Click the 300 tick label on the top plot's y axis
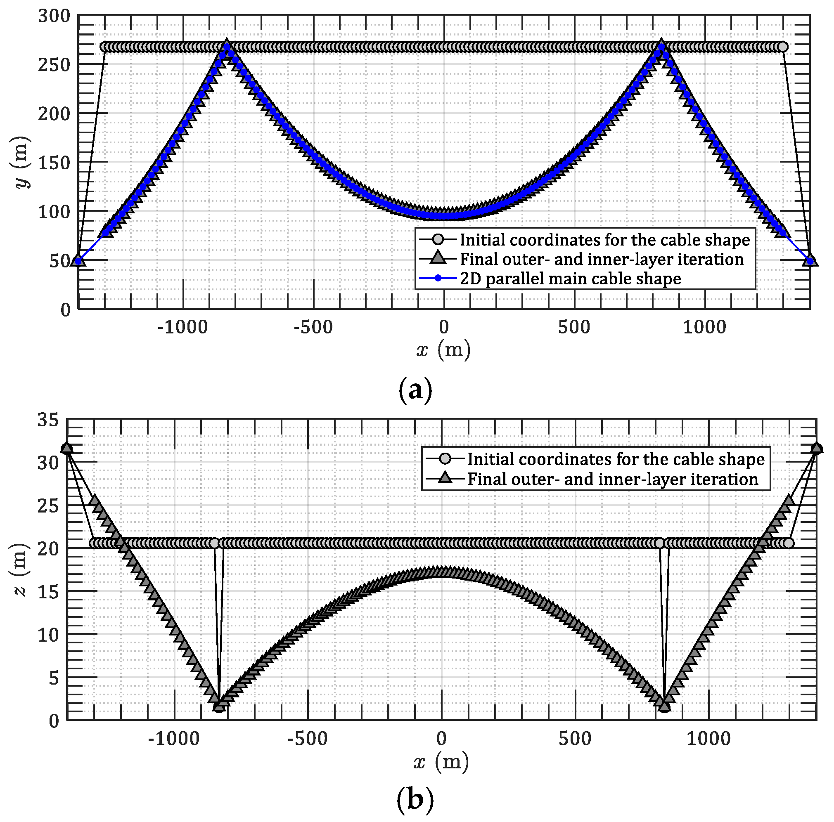(x=54, y=17)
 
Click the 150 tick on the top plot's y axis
(x=54, y=163)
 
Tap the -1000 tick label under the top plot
(x=182, y=328)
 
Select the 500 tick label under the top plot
(x=574, y=328)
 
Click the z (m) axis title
(x=20, y=569)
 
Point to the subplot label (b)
(x=415, y=800)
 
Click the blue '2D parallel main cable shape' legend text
(x=570, y=279)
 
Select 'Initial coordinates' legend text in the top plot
(x=604, y=240)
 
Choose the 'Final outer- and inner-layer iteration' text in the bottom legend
(x=613, y=479)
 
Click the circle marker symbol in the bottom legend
(x=445, y=459)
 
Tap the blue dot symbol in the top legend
(x=438, y=278)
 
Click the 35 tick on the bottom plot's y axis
(x=48, y=419)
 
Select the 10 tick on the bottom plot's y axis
(x=48, y=635)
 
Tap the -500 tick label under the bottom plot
(x=307, y=739)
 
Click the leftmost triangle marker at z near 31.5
(x=66, y=448)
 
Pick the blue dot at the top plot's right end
(x=810, y=261)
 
